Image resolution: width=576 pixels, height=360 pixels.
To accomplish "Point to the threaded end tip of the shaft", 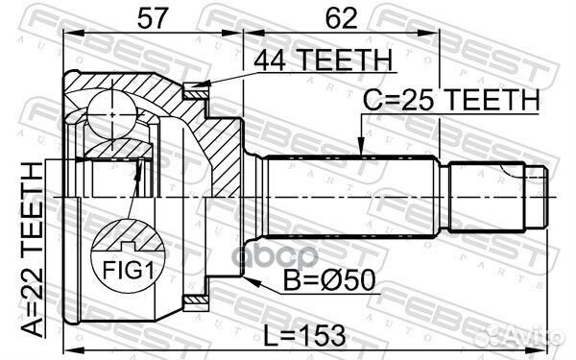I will pos(538,196).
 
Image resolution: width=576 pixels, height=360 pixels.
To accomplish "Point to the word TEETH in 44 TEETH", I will pos(337,60).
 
